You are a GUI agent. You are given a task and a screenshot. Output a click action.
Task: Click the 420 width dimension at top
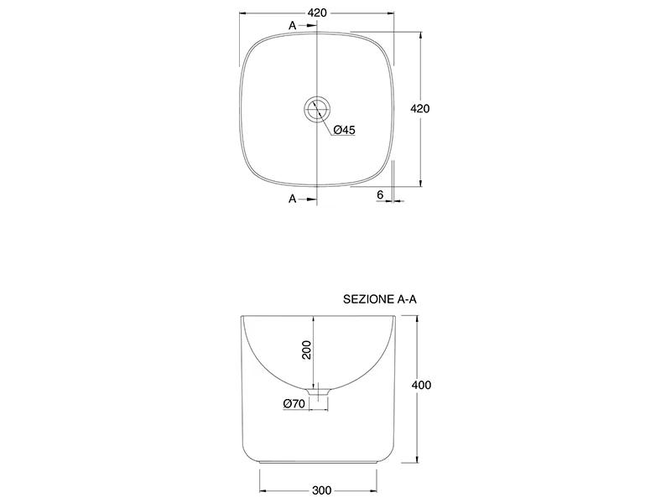pyautogui.click(x=317, y=13)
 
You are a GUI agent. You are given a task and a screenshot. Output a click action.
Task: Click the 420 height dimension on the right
pyautogui.click(x=420, y=109)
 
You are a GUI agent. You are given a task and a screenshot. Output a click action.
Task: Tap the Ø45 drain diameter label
pyautogui.click(x=345, y=130)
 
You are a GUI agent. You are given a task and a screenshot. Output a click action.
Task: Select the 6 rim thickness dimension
pyautogui.click(x=381, y=194)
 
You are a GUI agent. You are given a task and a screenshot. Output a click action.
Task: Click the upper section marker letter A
pyautogui.click(x=292, y=26)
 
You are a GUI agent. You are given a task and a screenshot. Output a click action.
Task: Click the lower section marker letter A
pyautogui.click(x=292, y=199)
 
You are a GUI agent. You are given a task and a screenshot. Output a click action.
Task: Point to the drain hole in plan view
pyautogui.click(x=318, y=109)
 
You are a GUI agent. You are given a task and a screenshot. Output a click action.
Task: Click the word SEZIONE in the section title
pyautogui.click(x=368, y=299)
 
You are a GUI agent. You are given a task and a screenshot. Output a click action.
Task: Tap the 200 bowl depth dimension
pyautogui.click(x=307, y=350)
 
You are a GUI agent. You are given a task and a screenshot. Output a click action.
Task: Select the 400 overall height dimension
pyautogui.click(x=422, y=385)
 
